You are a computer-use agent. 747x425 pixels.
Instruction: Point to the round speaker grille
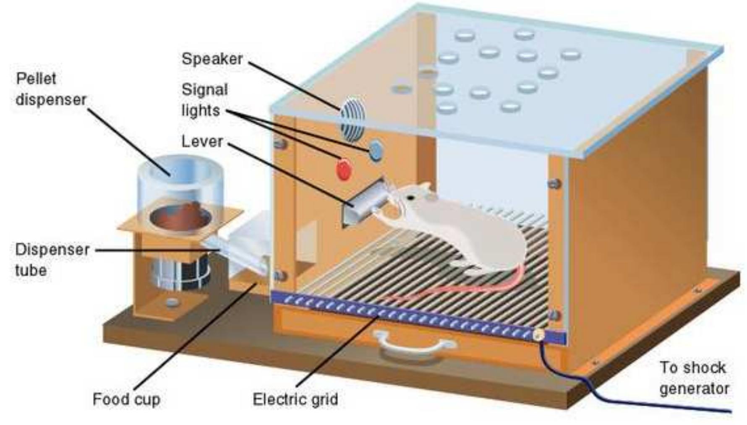click(x=352, y=119)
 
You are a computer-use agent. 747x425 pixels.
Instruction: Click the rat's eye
click(x=413, y=197)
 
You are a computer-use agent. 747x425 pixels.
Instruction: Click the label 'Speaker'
click(x=212, y=59)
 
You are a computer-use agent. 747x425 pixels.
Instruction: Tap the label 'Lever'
click(x=202, y=141)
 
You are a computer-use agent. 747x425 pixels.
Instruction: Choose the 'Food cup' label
click(x=126, y=399)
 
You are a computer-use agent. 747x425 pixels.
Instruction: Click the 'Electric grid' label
click(x=295, y=399)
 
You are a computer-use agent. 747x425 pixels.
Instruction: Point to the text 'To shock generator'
click(x=693, y=378)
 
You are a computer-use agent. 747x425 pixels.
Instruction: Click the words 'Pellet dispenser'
click(x=50, y=89)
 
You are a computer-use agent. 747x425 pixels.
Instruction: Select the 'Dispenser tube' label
click(x=52, y=260)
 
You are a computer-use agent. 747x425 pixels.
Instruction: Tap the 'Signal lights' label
click(x=204, y=100)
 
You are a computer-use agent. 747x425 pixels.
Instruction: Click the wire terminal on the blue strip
click(x=538, y=334)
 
